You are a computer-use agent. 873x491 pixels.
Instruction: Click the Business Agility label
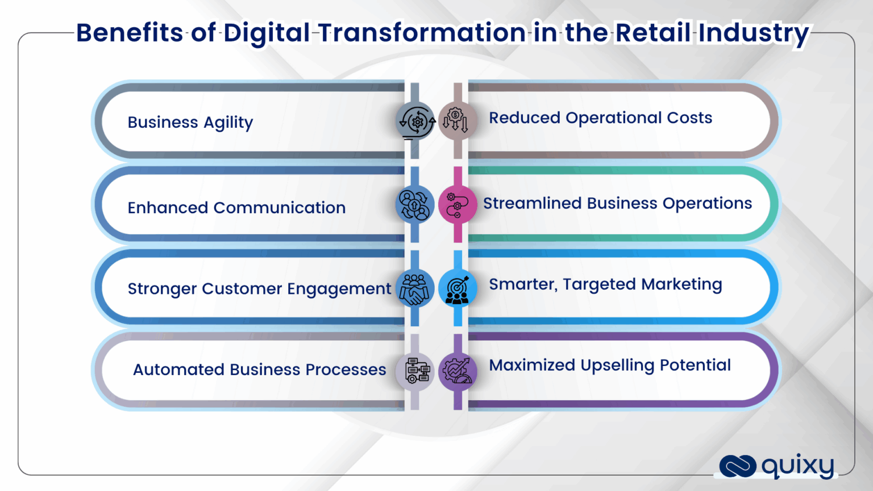click(x=190, y=122)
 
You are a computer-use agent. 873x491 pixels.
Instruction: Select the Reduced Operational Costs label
click(x=600, y=118)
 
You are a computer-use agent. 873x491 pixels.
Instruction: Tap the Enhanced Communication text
click(x=236, y=207)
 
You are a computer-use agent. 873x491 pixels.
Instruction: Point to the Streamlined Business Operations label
click(x=617, y=203)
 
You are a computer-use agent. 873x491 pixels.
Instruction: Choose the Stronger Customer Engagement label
click(x=259, y=289)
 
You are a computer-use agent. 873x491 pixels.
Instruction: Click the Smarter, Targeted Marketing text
click(x=605, y=284)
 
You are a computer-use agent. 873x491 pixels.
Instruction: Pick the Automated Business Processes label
click(x=259, y=369)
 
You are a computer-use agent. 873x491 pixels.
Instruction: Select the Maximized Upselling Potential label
click(x=610, y=365)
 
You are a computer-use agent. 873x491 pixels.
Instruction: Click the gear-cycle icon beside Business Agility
click(x=415, y=121)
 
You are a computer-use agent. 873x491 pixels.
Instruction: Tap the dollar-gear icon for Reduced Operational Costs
click(x=457, y=120)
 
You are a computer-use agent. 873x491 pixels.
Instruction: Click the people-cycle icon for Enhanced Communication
click(x=415, y=205)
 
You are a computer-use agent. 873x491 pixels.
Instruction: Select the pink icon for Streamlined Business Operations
click(x=457, y=205)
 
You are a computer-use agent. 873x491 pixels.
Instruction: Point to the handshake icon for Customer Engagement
click(x=415, y=288)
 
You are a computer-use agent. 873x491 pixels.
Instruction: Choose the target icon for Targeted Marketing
click(x=457, y=289)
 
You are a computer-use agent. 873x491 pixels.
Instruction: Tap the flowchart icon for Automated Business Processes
click(x=415, y=371)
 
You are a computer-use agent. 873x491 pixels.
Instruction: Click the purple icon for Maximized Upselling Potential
click(x=458, y=371)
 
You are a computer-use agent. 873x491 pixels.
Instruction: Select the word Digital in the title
click(x=267, y=32)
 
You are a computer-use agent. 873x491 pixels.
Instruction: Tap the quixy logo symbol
click(x=737, y=466)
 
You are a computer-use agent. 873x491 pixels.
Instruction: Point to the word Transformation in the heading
click(x=422, y=32)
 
